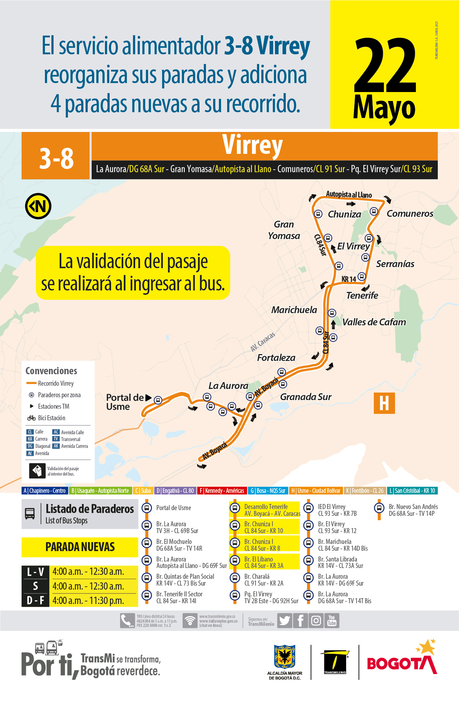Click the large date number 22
click(385, 65)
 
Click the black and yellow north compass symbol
click(38, 206)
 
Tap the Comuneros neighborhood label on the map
click(410, 214)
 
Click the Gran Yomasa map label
click(284, 230)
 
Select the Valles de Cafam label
click(374, 322)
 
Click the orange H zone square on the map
click(384, 403)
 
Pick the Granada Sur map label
click(306, 397)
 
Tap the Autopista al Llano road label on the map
click(349, 194)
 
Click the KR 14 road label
click(348, 279)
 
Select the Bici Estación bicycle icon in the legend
click(31, 418)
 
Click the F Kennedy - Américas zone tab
click(222, 491)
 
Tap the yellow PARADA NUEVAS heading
click(80, 547)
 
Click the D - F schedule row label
click(35, 600)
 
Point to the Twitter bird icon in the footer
click(284, 621)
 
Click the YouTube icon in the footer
click(332, 621)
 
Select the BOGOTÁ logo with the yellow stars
click(401, 660)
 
